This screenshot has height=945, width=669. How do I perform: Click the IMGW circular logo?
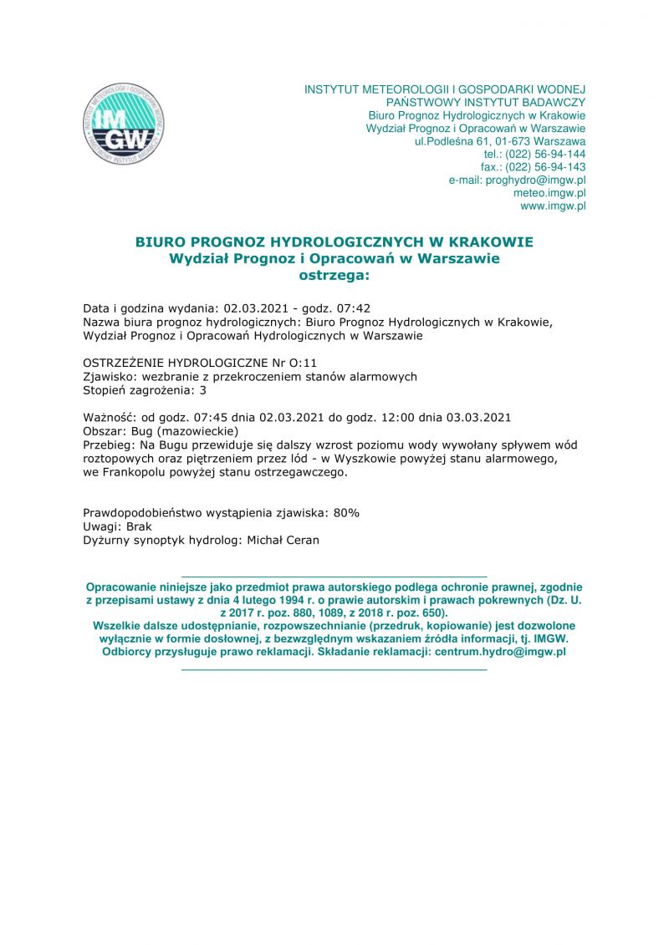[x=123, y=124]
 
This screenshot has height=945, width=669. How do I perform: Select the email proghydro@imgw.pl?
[x=535, y=180]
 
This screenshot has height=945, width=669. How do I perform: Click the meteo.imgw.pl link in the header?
[x=549, y=192]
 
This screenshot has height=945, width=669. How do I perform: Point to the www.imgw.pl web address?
[x=553, y=205]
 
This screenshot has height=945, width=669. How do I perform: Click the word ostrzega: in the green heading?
[x=334, y=273]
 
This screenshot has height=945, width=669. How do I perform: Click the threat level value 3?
[x=202, y=389]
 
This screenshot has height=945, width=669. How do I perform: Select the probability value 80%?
[x=346, y=512]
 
